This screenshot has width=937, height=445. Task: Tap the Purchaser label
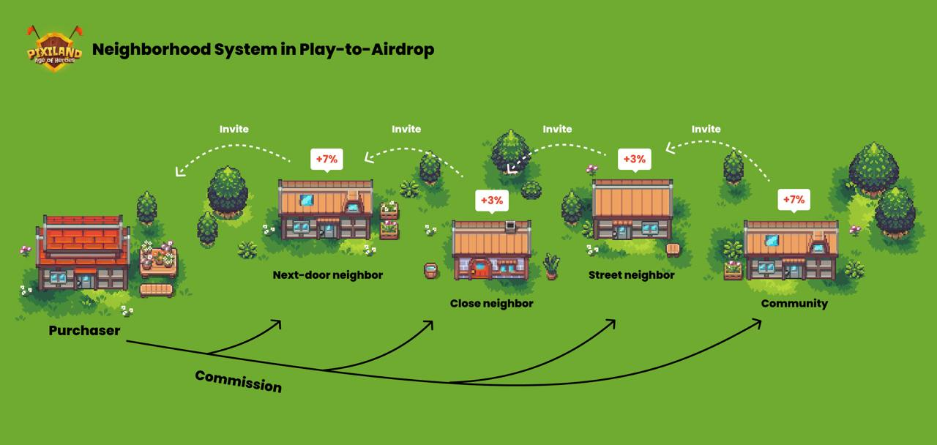pyautogui.click(x=84, y=331)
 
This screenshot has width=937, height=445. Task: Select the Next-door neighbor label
pyautogui.click(x=327, y=275)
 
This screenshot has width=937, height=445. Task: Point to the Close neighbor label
pyautogui.click(x=491, y=303)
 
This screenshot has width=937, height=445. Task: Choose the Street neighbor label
pyautogui.click(x=631, y=275)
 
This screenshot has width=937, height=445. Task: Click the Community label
pyautogui.click(x=794, y=303)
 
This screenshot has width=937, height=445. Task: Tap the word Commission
pyautogui.click(x=238, y=381)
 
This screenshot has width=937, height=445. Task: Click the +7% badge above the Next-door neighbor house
pyautogui.click(x=326, y=159)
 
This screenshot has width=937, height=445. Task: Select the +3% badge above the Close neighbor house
pyautogui.click(x=491, y=200)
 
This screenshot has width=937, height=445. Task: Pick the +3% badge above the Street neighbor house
pyautogui.click(x=634, y=159)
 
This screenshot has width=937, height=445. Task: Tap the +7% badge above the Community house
pyautogui.click(x=794, y=199)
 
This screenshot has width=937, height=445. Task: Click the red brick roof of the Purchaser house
pyautogui.click(x=83, y=242)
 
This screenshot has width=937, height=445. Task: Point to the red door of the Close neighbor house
pyautogui.click(x=481, y=269)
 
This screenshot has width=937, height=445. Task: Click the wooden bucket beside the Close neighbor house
pyautogui.click(x=430, y=272)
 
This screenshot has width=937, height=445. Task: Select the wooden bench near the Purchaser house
pyautogui.click(x=156, y=290)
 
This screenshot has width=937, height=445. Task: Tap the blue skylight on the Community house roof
pyautogui.click(x=772, y=240)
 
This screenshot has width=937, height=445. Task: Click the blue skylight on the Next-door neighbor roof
pyautogui.click(x=307, y=199)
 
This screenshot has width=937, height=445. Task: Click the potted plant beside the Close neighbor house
pyautogui.click(x=551, y=266)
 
